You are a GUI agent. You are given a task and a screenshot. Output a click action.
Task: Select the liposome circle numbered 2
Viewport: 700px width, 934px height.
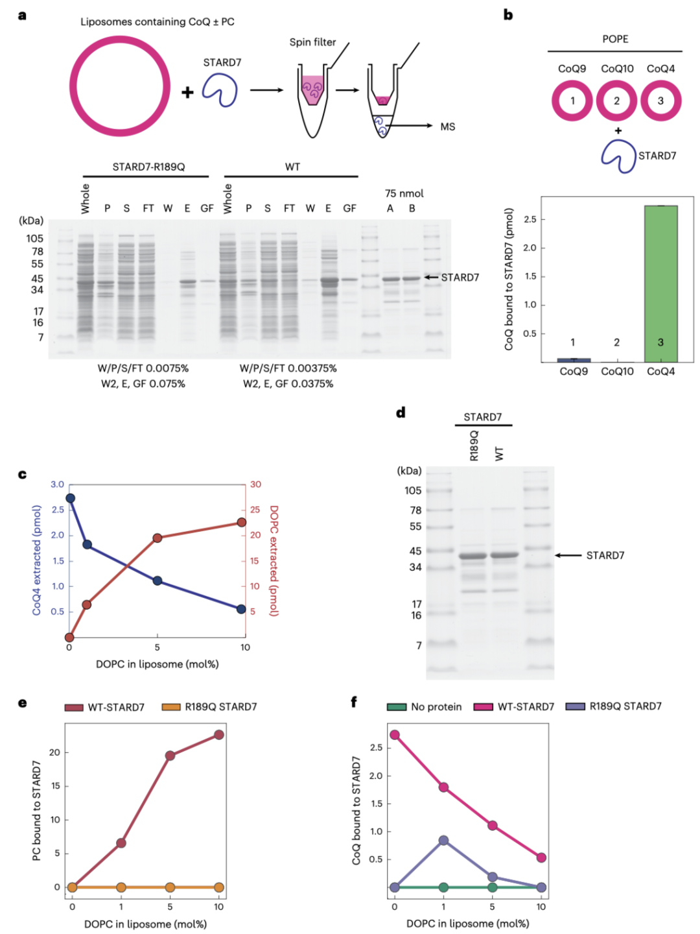(x=616, y=101)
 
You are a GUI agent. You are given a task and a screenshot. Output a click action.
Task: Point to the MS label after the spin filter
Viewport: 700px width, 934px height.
(x=447, y=126)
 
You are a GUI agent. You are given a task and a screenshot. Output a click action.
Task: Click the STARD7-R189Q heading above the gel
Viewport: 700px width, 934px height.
(x=148, y=167)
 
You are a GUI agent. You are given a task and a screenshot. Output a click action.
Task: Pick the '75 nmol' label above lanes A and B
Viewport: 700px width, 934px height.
(x=404, y=193)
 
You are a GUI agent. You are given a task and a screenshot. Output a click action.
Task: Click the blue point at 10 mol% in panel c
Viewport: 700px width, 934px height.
(x=241, y=609)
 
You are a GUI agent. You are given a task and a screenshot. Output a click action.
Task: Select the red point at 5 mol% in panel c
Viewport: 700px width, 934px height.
(x=157, y=538)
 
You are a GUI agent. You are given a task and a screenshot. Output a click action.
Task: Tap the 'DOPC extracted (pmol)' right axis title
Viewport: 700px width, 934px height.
(x=274, y=560)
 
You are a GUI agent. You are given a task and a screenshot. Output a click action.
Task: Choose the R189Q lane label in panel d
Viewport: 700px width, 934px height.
(x=474, y=445)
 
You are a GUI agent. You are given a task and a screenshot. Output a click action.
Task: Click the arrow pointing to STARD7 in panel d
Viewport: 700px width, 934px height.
(x=568, y=555)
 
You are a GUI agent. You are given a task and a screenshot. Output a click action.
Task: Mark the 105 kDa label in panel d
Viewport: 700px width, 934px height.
(x=413, y=490)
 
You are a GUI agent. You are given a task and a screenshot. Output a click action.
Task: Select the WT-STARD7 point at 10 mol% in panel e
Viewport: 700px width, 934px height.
(x=219, y=735)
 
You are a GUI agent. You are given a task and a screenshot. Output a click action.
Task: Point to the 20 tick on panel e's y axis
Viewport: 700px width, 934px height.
(x=54, y=752)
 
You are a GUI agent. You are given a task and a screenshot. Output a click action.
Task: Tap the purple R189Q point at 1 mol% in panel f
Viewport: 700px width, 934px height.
(x=443, y=840)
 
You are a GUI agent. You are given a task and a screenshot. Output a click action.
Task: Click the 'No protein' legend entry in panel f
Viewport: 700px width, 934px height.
(x=425, y=706)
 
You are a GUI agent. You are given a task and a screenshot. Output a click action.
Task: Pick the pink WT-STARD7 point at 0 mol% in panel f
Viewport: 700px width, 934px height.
(x=394, y=735)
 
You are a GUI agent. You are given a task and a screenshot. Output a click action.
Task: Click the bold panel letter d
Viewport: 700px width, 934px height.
(x=401, y=413)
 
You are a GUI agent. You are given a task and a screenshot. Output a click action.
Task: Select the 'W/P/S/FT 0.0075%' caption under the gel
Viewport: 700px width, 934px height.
(x=143, y=368)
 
